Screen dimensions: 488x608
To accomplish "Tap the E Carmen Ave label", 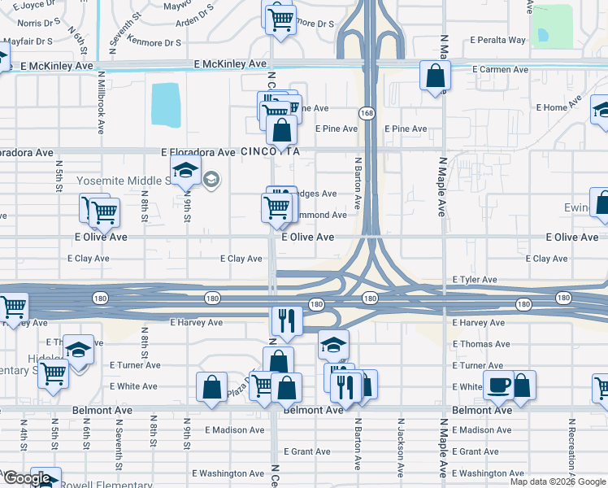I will (500, 70).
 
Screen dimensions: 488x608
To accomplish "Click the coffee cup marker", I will (497, 385).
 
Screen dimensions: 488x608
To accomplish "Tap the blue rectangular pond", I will (166, 105).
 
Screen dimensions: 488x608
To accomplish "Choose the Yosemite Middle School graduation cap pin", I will (185, 170).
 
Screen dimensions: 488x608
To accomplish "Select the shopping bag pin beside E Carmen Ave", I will (435, 76).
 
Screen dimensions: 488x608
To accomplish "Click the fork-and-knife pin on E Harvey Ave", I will (285, 319).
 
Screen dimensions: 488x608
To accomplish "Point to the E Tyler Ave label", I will (475, 280).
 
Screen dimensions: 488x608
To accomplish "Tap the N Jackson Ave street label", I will (400, 448).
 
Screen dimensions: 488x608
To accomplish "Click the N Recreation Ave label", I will (571, 448).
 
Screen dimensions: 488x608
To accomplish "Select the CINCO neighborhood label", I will (258, 152).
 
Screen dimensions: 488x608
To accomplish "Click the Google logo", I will (26, 479).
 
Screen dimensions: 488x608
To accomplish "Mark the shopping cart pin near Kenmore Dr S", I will (280, 19).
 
